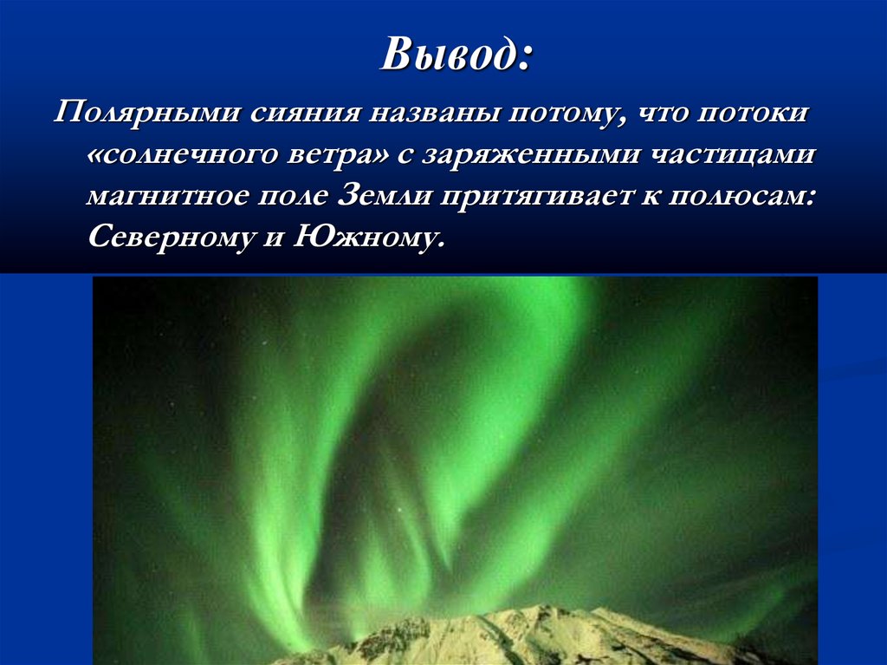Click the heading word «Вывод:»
[456, 56]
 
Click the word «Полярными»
[147, 114]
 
